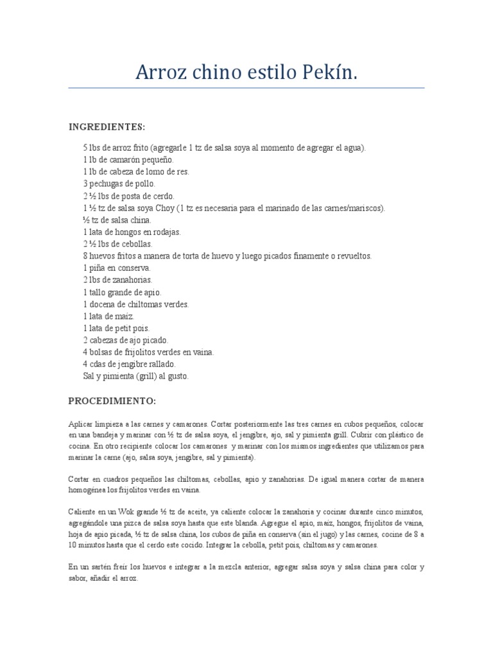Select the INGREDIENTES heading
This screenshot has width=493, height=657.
click(x=107, y=126)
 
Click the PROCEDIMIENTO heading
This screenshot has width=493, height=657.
click(x=112, y=401)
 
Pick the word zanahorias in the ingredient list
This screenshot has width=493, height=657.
click(x=132, y=280)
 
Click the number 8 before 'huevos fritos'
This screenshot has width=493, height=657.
click(x=85, y=256)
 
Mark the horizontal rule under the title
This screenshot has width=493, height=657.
click(x=246, y=88)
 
